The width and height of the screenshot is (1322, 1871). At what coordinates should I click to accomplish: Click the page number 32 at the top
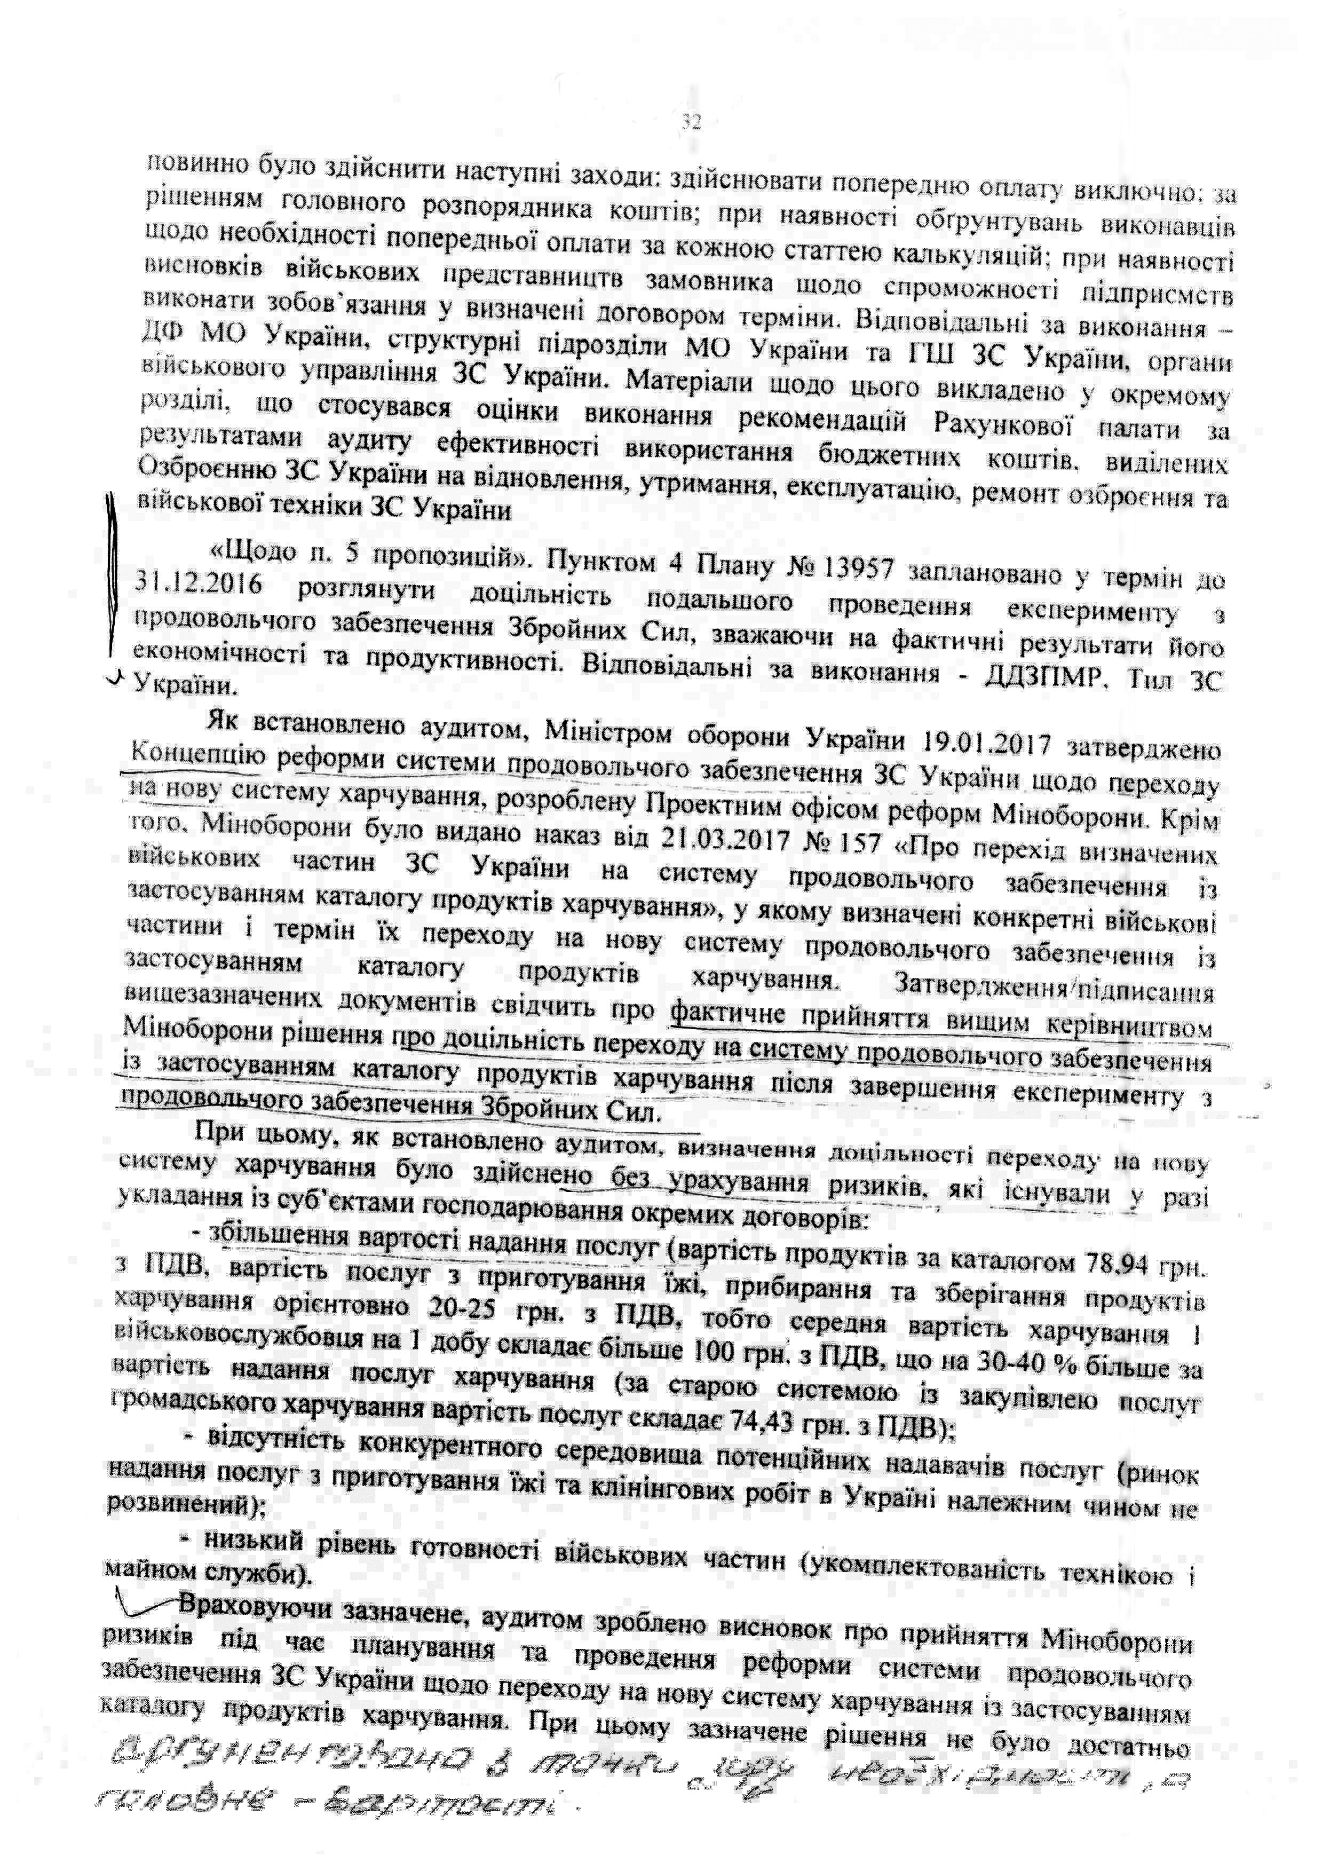pos(690,124)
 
